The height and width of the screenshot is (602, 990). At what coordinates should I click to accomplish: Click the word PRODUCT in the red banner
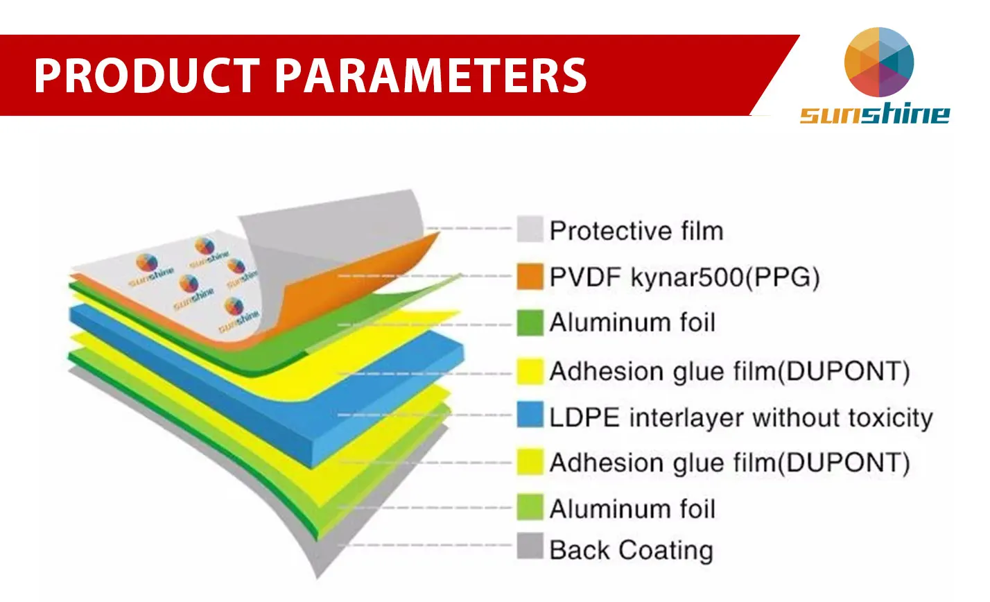[x=147, y=76]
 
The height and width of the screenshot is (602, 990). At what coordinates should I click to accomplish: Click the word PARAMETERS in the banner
[x=431, y=76]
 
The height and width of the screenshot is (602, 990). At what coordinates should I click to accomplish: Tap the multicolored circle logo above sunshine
[x=878, y=62]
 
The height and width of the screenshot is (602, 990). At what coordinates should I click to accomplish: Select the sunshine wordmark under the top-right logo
[x=875, y=114]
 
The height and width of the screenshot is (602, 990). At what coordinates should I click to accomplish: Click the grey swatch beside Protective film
[x=530, y=229]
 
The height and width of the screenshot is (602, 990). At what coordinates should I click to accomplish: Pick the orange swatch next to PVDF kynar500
[x=530, y=276]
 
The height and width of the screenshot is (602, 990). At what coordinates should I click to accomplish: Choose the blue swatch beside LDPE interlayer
[x=530, y=415]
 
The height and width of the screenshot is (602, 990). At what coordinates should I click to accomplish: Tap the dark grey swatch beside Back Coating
[x=530, y=547]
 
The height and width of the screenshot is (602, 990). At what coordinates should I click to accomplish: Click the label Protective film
[x=636, y=231]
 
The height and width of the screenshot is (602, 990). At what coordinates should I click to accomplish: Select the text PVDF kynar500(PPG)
[x=684, y=277]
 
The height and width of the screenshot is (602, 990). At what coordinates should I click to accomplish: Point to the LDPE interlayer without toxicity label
[x=741, y=418]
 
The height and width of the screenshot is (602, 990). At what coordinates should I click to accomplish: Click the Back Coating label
[x=631, y=550]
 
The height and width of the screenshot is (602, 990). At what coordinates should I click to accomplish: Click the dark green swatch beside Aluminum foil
[x=530, y=323]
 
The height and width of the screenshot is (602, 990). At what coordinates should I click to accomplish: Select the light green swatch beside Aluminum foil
[x=530, y=506]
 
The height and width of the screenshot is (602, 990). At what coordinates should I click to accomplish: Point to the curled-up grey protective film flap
[x=336, y=248]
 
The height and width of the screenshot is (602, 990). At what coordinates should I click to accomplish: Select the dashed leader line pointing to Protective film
[x=469, y=228]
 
